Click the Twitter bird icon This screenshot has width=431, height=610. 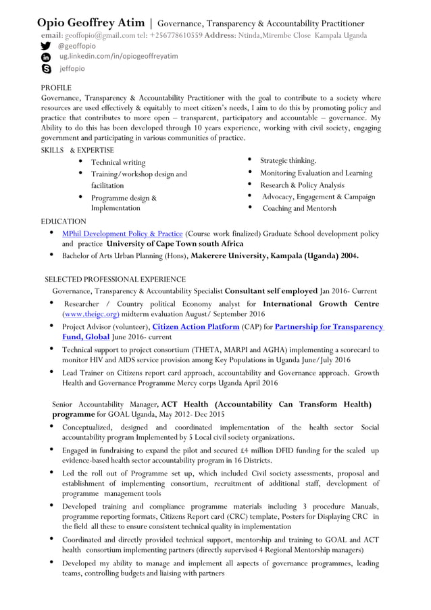(x=46, y=46)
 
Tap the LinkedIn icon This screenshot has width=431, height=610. (x=46, y=57)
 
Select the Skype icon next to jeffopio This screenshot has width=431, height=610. (x=46, y=69)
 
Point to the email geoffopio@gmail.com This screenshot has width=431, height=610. (x=98, y=35)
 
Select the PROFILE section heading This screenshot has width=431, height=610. (x=56, y=88)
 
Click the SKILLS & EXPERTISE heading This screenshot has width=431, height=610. (x=77, y=150)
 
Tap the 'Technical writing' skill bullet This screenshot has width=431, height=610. (x=118, y=163)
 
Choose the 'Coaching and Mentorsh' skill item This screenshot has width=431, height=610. (x=299, y=209)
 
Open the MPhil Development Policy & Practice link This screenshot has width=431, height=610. (x=122, y=234)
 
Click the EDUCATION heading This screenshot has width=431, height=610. (x=64, y=222)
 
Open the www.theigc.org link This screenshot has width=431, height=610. (x=91, y=314)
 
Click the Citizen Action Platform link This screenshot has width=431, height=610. (x=196, y=327)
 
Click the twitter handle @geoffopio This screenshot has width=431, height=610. (x=76, y=46)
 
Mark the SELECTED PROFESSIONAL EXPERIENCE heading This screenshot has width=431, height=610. (x=115, y=279)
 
